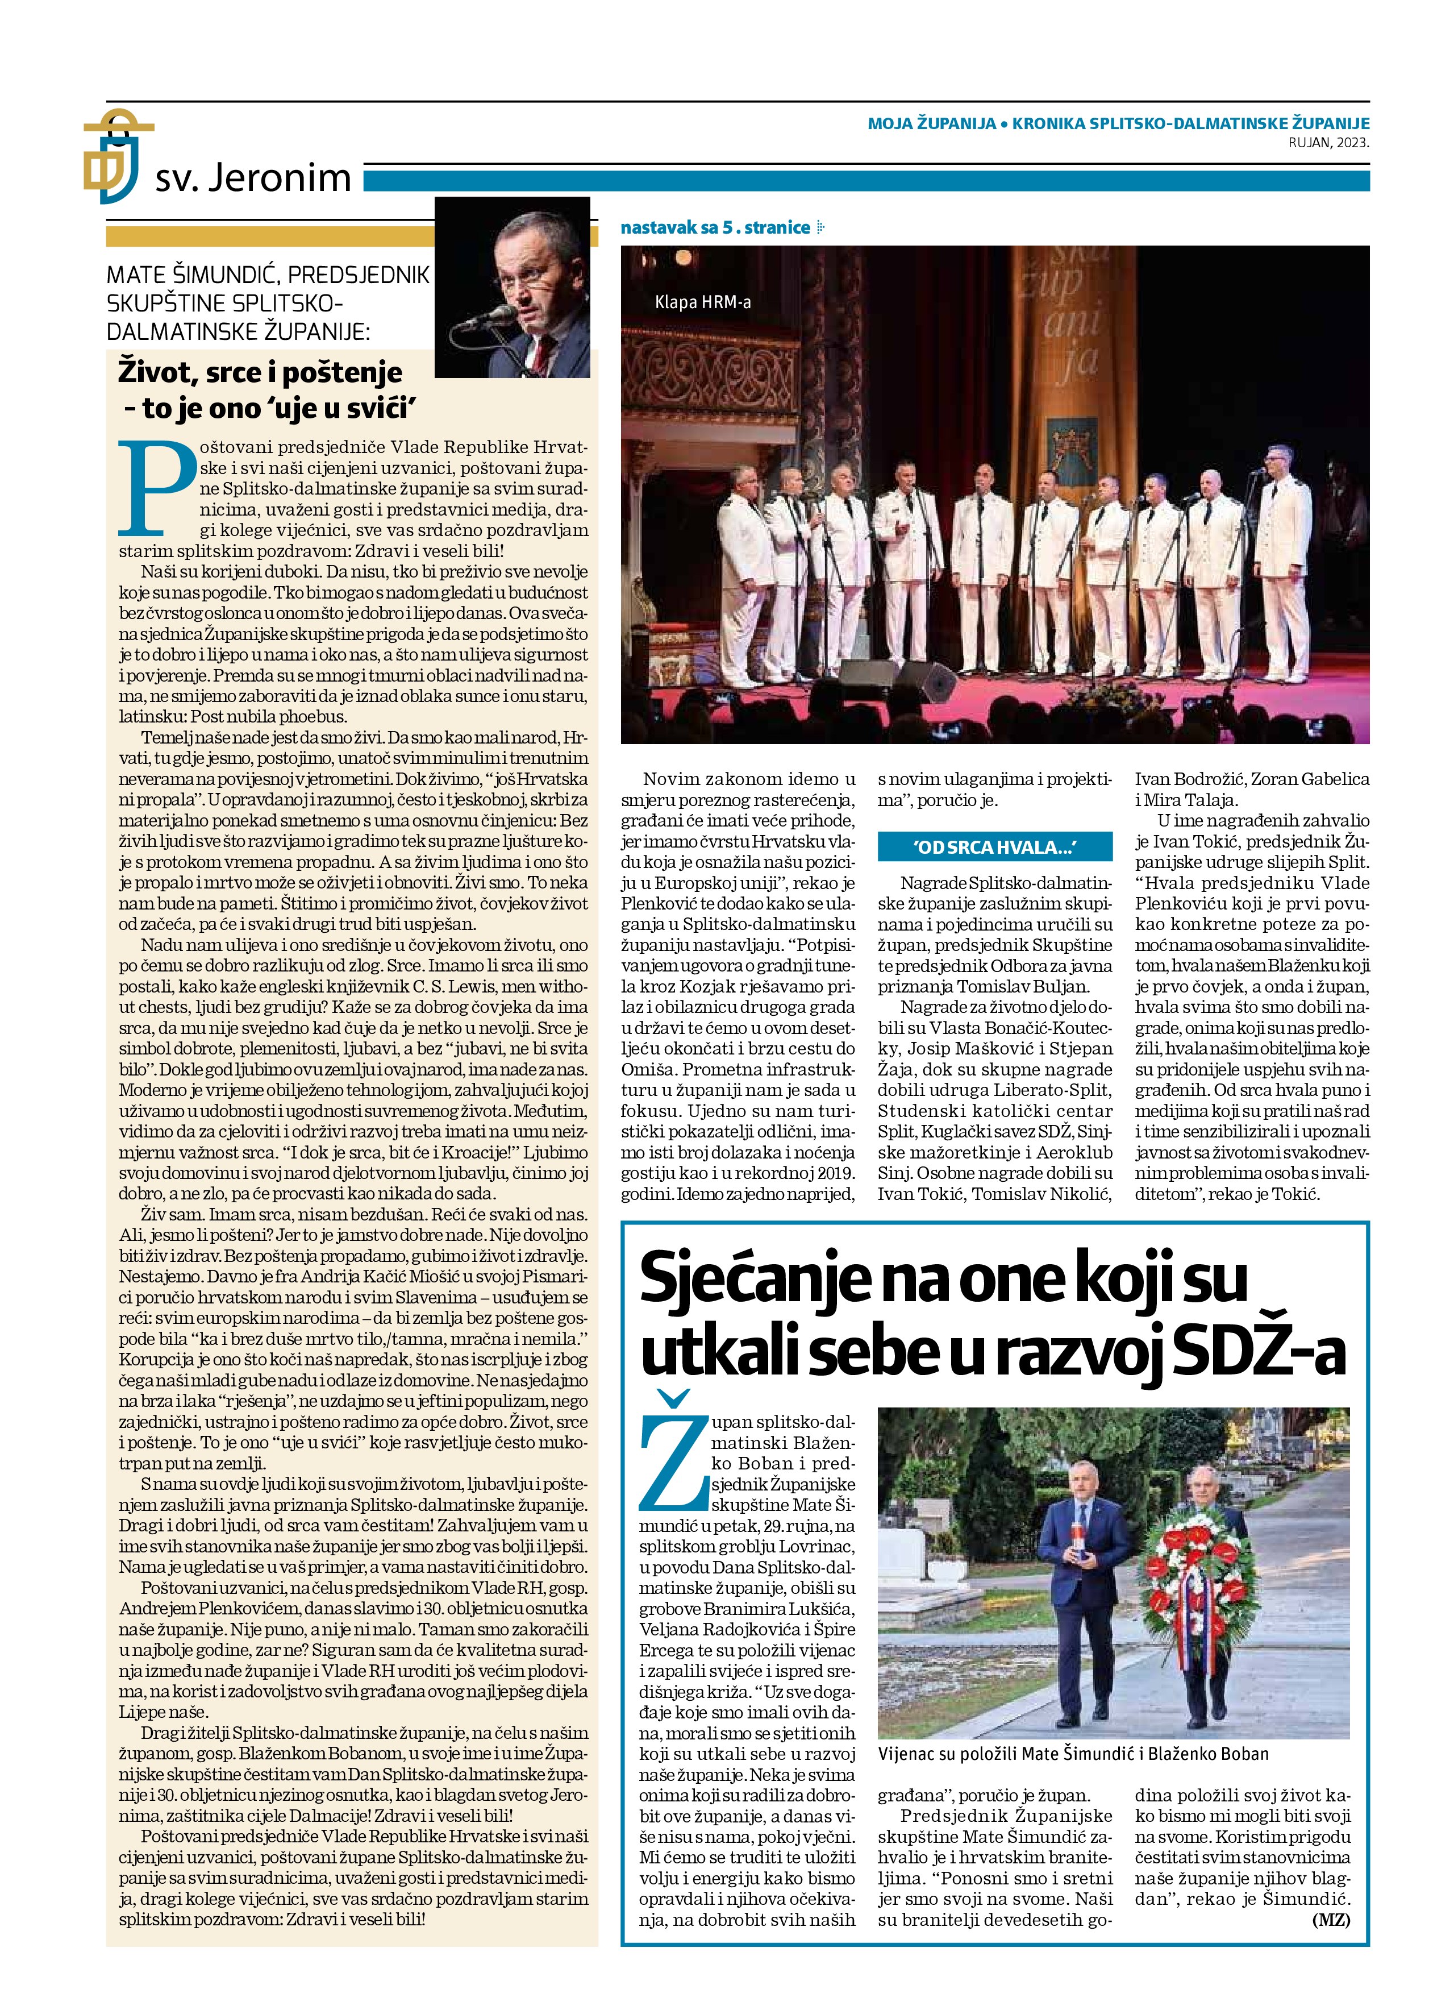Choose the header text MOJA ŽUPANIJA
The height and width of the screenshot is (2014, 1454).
coord(931,123)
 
